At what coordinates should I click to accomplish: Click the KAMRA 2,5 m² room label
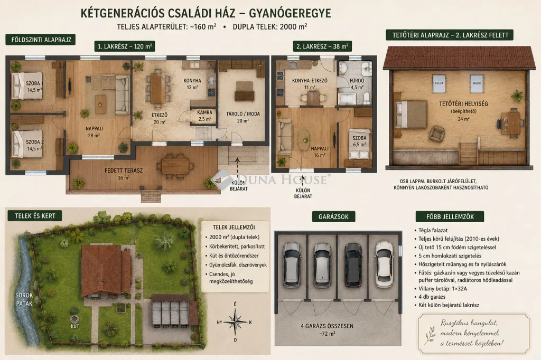point(204,116)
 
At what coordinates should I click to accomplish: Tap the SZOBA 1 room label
point(34,83)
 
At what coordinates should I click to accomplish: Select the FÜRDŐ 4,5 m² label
point(357,84)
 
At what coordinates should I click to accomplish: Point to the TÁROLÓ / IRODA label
point(243,114)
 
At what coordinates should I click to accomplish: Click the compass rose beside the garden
point(235,322)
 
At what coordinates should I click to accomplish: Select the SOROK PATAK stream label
point(24,299)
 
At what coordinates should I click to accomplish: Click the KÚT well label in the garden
point(75,326)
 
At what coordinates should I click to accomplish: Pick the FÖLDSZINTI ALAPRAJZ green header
point(41,40)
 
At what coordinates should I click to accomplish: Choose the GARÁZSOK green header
point(333,216)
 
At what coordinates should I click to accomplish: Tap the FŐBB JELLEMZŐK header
point(450,216)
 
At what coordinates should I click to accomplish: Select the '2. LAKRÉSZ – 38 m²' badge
point(322,46)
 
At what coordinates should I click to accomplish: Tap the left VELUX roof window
point(439,83)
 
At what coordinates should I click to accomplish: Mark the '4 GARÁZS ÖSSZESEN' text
point(327,326)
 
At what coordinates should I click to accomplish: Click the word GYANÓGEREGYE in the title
point(290,13)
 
